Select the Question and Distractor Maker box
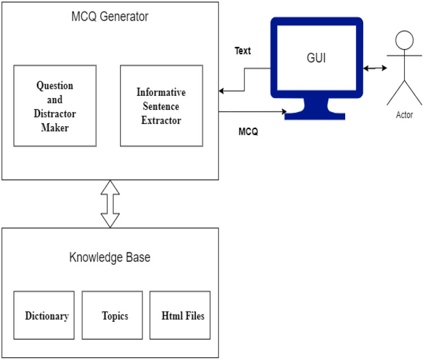(55, 106)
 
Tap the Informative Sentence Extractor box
(161, 105)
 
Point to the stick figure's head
(404, 41)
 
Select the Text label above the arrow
(243, 51)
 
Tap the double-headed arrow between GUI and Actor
(375, 69)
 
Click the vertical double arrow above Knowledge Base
(110, 204)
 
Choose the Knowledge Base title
(110, 258)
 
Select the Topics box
(115, 315)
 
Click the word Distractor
(55, 114)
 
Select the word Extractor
(161, 119)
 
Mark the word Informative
(161, 92)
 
